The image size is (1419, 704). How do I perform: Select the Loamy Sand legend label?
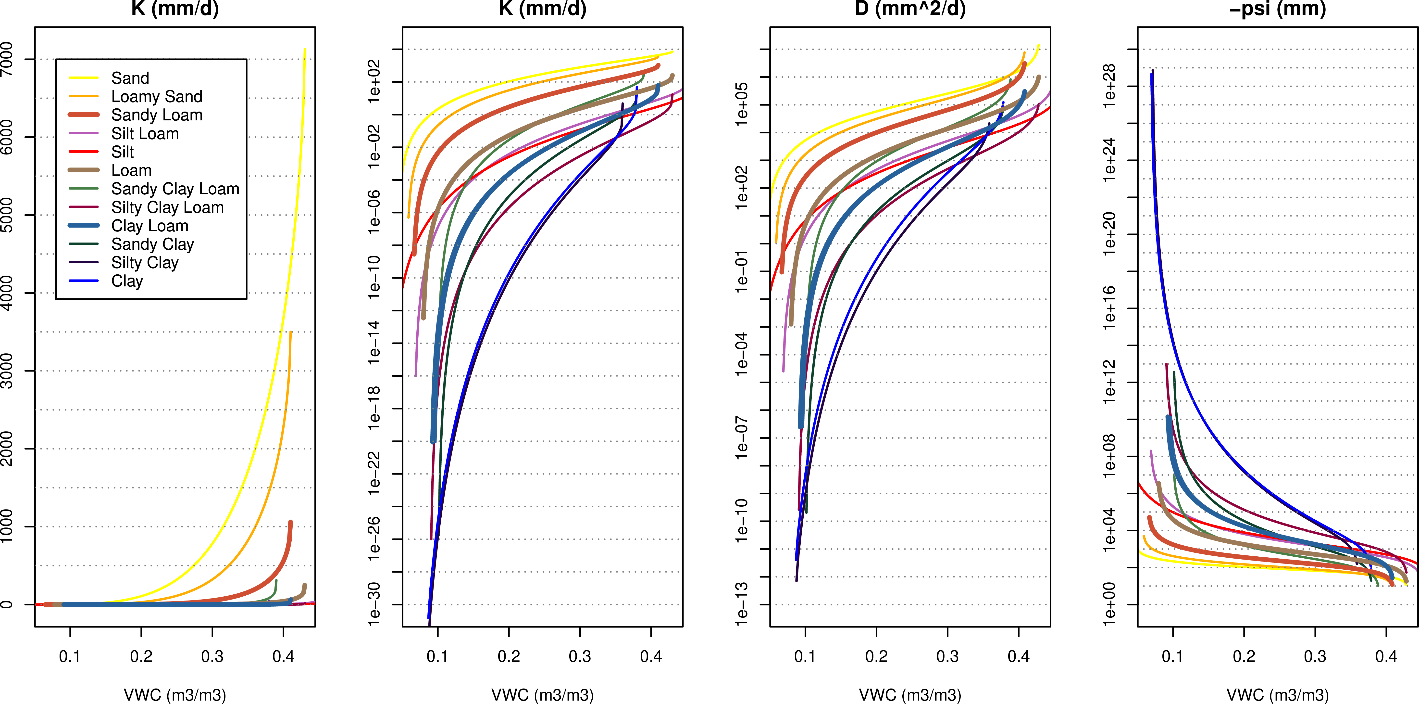(x=156, y=96)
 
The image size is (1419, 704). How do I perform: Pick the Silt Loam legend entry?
(x=145, y=133)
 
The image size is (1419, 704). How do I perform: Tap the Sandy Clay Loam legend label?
(x=175, y=189)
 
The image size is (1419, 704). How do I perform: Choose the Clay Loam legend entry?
(x=149, y=226)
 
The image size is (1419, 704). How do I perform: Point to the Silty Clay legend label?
(x=145, y=262)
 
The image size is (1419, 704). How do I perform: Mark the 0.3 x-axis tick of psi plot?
(x=1315, y=656)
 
